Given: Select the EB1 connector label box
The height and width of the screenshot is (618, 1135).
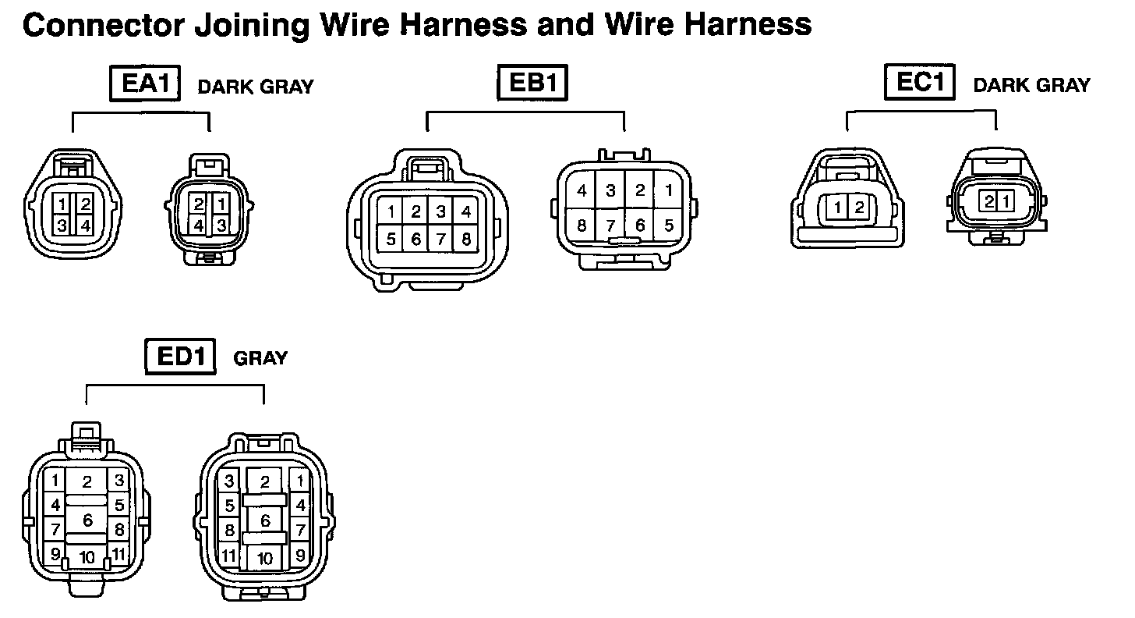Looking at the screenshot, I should (x=532, y=83).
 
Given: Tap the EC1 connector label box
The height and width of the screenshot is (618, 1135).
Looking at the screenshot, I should (x=920, y=82).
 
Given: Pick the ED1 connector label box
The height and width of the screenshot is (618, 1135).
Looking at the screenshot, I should (x=180, y=357).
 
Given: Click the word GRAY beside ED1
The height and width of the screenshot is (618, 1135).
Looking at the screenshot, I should (x=260, y=359).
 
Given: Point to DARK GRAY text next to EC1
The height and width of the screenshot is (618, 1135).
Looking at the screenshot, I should (x=1031, y=85).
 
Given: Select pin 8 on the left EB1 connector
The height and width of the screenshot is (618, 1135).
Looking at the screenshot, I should (x=465, y=240).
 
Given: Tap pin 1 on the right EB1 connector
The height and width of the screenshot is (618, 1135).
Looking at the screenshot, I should (x=668, y=190).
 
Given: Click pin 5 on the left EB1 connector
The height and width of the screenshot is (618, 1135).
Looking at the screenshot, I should (x=391, y=240).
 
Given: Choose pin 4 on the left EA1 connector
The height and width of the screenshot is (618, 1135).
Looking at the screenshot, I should (x=86, y=226).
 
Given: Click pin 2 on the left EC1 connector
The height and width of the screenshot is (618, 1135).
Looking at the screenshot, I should (x=859, y=208).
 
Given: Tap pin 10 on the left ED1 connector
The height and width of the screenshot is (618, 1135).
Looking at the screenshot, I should (x=87, y=558).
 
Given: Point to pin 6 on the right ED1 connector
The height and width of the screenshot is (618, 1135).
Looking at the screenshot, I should (x=265, y=520).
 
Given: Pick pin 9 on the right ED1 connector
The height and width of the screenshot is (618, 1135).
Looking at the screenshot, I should (x=299, y=556).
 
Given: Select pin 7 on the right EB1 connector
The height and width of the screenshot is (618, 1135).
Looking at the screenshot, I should (x=610, y=226).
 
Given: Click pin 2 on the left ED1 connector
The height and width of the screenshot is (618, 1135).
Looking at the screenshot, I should (x=87, y=482).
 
